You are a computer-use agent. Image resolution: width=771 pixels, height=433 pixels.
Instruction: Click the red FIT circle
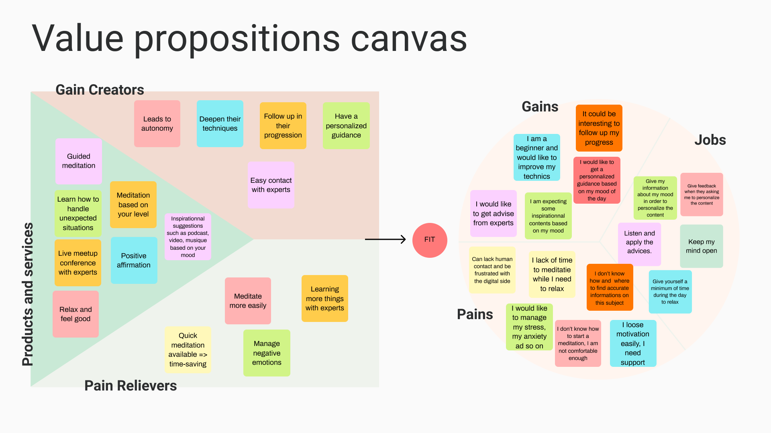point(430,240)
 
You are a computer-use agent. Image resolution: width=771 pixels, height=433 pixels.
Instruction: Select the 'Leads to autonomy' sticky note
point(157,123)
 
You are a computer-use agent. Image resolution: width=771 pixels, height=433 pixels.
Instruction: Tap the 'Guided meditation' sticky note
point(79,161)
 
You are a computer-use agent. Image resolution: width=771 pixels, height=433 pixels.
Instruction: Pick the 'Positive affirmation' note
point(134,261)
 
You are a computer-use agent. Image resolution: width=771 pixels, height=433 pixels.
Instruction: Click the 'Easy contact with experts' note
point(271,185)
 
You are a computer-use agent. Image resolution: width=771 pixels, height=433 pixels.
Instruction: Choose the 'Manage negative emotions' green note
point(267,353)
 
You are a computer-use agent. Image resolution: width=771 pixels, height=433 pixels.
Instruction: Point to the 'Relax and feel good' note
point(75,314)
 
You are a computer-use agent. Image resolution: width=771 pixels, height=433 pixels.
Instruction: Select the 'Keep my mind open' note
point(701,246)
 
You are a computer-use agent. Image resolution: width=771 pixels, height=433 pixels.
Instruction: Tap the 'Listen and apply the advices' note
point(639,242)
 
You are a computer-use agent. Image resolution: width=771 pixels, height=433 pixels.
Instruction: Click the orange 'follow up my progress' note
point(599,128)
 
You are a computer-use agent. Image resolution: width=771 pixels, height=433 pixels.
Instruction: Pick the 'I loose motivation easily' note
point(633,343)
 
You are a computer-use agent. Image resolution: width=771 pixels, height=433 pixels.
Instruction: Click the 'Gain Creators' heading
point(100,90)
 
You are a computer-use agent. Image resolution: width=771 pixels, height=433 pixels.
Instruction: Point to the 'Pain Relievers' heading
point(131,386)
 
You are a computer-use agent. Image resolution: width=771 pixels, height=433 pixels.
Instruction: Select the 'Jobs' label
point(710,140)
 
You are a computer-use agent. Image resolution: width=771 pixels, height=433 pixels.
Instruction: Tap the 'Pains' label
point(475,314)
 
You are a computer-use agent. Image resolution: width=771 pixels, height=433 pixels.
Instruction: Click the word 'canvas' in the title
point(409,38)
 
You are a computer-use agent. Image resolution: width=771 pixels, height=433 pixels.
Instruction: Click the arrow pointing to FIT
point(385,239)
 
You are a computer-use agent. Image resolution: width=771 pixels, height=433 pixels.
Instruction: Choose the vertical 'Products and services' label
point(28,294)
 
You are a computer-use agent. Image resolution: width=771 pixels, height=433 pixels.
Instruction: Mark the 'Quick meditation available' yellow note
point(188,350)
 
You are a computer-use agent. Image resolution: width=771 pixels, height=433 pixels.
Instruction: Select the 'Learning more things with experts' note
point(324,298)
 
